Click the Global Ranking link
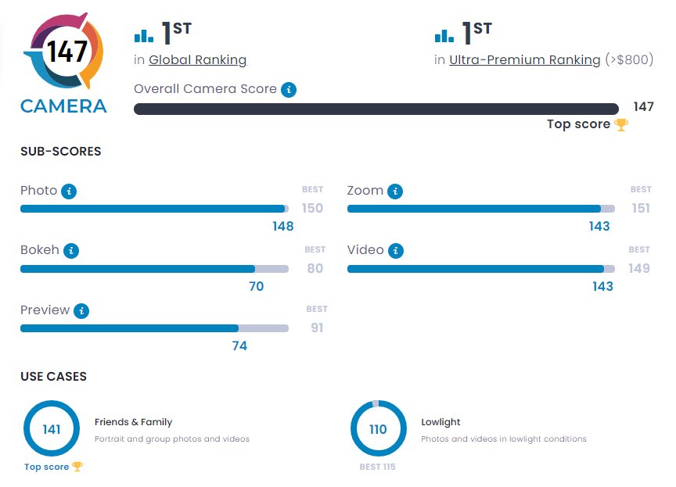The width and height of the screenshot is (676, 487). click(x=197, y=59)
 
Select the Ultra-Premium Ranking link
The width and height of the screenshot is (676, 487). click(x=524, y=59)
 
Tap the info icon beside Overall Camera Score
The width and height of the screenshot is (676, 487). click(x=289, y=89)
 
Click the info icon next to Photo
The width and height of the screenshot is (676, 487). click(x=69, y=191)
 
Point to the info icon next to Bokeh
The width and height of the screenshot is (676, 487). click(x=71, y=251)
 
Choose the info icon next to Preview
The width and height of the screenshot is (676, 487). click(x=81, y=310)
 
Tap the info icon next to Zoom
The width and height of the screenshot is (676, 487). click(x=395, y=191)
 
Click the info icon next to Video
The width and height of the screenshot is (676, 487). click(x=396, y=251)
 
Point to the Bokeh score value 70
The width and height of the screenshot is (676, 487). click(x=256, y=287)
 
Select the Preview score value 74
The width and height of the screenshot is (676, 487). click(x=239, y=346)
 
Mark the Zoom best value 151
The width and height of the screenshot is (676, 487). click(x=641, y=208)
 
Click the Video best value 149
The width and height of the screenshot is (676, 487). click(x=639, y=268)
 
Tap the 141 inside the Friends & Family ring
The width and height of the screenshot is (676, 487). click(x=52, y=429)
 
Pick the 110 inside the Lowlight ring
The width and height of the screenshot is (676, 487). click(x=378, y=429)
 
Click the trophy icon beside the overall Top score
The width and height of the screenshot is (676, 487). click(x=621, y=124)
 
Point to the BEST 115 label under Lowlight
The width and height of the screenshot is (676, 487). click(x=377, y=467)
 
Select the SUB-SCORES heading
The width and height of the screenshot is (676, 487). click(x=60, y=152)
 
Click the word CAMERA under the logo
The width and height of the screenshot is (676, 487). click(x=63, y=106)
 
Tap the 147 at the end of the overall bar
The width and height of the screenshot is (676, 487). click(x=643, y=107)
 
